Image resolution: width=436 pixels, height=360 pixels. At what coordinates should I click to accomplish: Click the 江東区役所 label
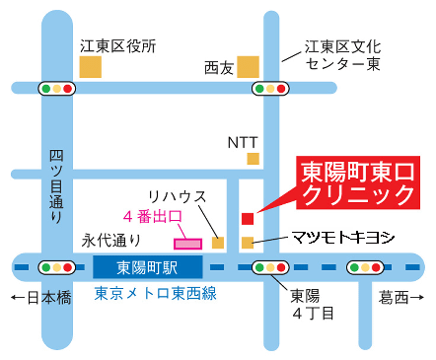(x=117, y=44)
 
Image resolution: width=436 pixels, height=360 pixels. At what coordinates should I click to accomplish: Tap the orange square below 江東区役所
(x=91, y=67)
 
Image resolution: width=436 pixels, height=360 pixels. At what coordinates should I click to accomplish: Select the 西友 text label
(x=218, y=68)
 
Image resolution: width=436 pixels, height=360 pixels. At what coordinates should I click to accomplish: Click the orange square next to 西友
(x=248, y=66)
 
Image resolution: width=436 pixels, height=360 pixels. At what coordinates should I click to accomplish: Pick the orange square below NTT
(x=254, y=158)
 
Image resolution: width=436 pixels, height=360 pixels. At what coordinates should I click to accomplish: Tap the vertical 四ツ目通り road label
(x=57, y=188)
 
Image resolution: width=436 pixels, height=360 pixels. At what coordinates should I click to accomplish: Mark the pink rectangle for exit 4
(x=187, y=242)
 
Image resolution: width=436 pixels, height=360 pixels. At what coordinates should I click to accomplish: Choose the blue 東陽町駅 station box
(x=147, y=266)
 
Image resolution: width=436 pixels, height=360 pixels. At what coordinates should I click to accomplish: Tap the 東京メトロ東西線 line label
(x=155, y=294)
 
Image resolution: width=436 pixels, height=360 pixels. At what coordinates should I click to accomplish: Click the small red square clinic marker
(x=247, y=218)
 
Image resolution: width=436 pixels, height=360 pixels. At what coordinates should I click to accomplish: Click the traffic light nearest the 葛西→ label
(x=364, y=266)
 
